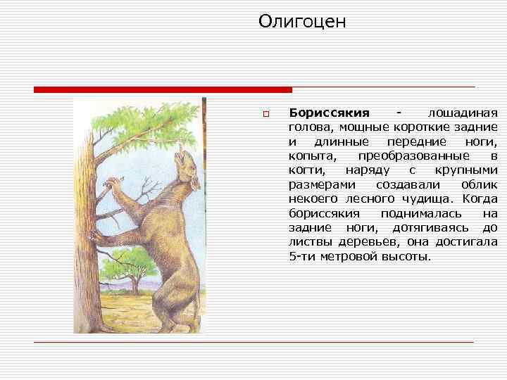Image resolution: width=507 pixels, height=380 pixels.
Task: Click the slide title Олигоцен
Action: (x=302, y=23)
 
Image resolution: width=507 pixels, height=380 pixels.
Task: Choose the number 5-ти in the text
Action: (x=302, y=256)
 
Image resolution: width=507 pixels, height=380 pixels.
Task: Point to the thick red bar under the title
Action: (x=163, y=90)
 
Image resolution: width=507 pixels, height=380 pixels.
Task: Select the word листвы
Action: (x=311, y=242)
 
